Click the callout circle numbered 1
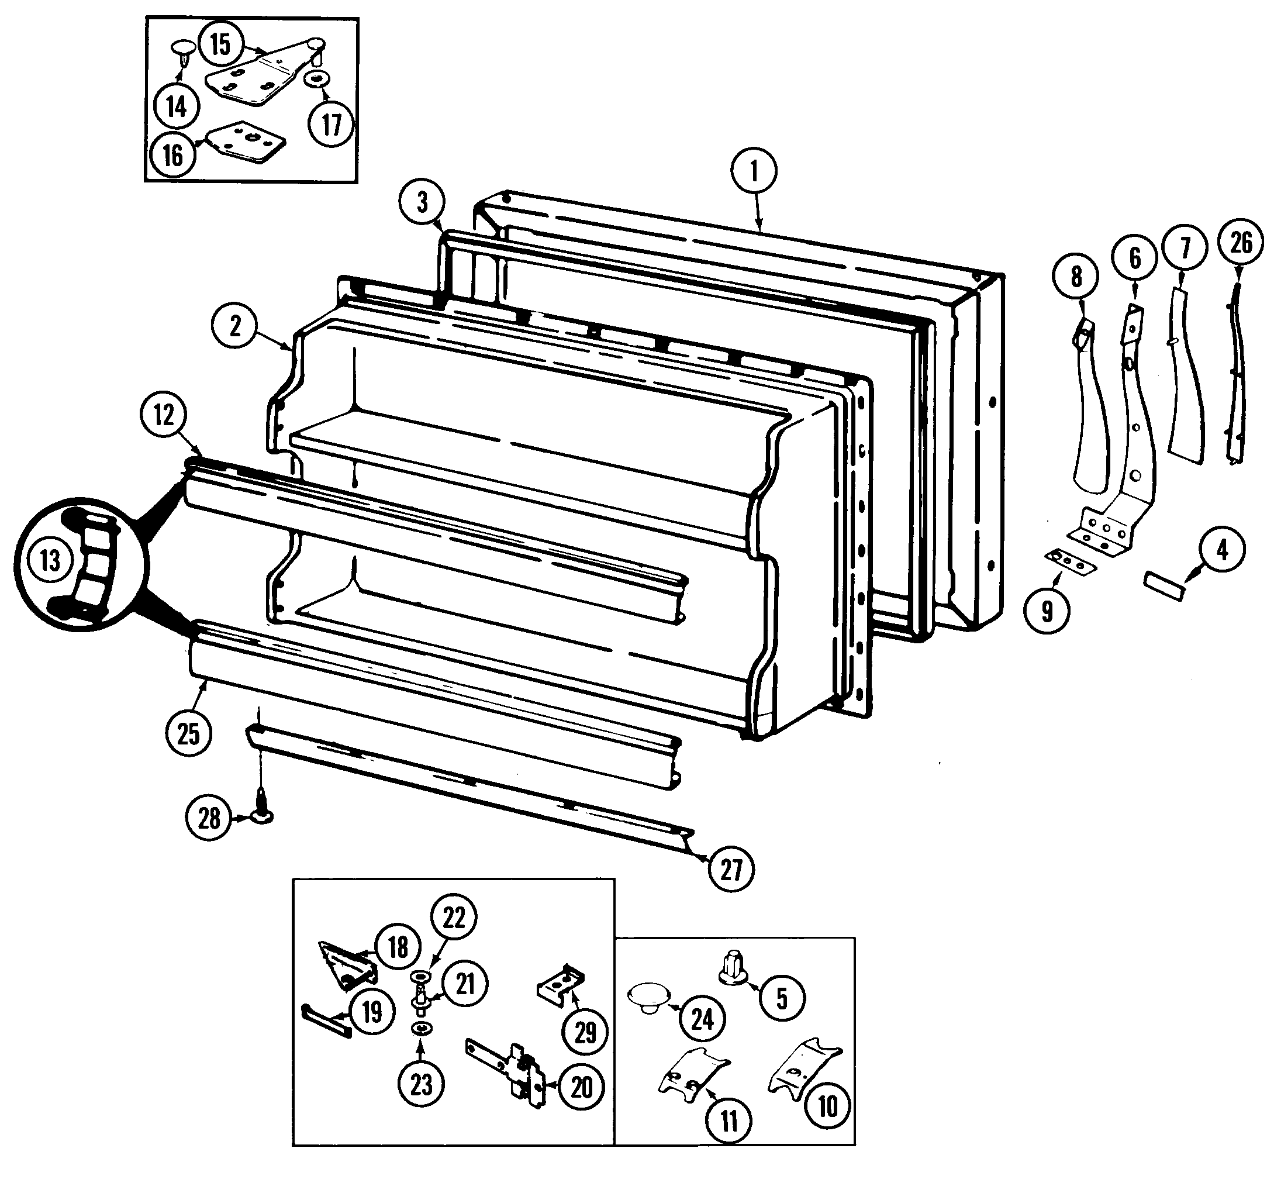pyautogui.click(x=754, y=172)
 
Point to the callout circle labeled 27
pyautogui.click(x=731, y=870)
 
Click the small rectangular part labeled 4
pyautogui.click(x=1163, y=587)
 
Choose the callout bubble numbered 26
pyautogui.click(x=1241, y=243)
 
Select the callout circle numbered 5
pyautogui.click(x=781, y=998)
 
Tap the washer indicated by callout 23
pyautogui.click(x=421, y=1028)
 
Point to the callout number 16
pyautogui.click(x=173, y=155)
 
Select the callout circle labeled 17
pyautogui.click(x=332, y=125)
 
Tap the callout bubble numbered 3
pyautogui.click(x=422, y=202)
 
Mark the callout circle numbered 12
pyautogui.click(x=164, y=415)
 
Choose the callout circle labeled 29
pyautogui.click(x=585, y=1032)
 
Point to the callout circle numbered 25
pyautogui.click(x=188, y=733)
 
